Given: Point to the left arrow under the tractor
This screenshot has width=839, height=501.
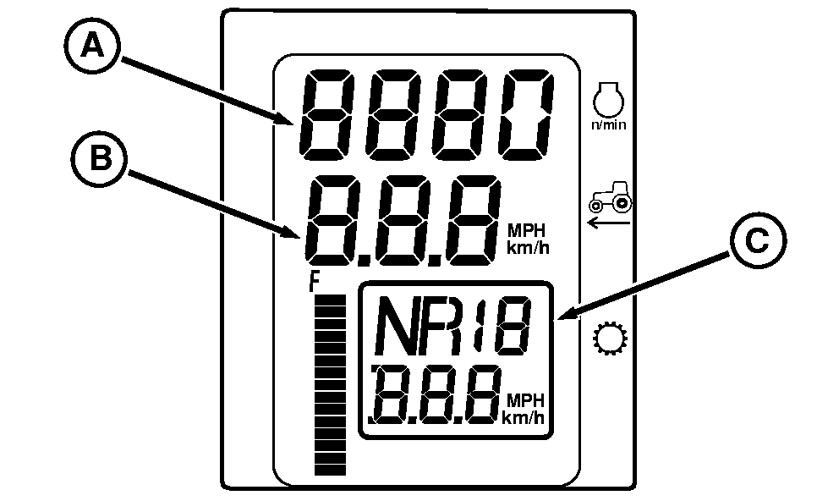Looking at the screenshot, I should (609, 223).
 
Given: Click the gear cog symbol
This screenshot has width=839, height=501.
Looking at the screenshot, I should (608, 340).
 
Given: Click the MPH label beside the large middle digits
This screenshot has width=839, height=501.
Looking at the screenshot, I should (525, 229).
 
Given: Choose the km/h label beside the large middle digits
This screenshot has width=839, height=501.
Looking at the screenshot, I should (525, 248).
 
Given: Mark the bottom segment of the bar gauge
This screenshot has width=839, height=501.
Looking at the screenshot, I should (331, 468).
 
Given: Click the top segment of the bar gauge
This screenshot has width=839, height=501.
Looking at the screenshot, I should (331, 301).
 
